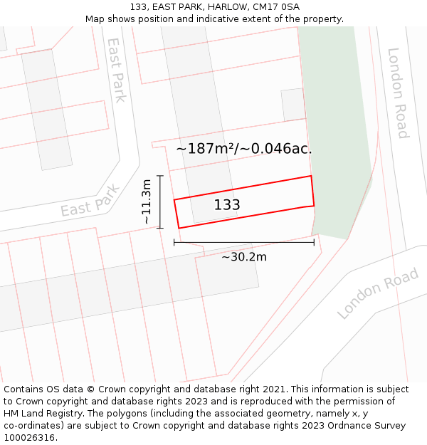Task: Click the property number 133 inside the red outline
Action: click(227, 205)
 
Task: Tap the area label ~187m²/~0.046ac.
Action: click(244, 149)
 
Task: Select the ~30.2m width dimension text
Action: click(244, 257)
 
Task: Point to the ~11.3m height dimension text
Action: click(147, 201)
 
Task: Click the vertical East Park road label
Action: click(115, 70)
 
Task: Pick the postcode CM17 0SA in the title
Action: click(276, 7)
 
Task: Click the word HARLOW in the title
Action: click(228, 7)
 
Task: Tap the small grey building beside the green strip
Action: click(292, 105)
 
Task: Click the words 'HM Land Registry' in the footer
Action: click(43, 414)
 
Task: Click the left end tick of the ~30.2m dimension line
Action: click(174, 243)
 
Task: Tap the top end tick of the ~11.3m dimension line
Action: click(160, 176)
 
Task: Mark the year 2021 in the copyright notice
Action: click(273, 389)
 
